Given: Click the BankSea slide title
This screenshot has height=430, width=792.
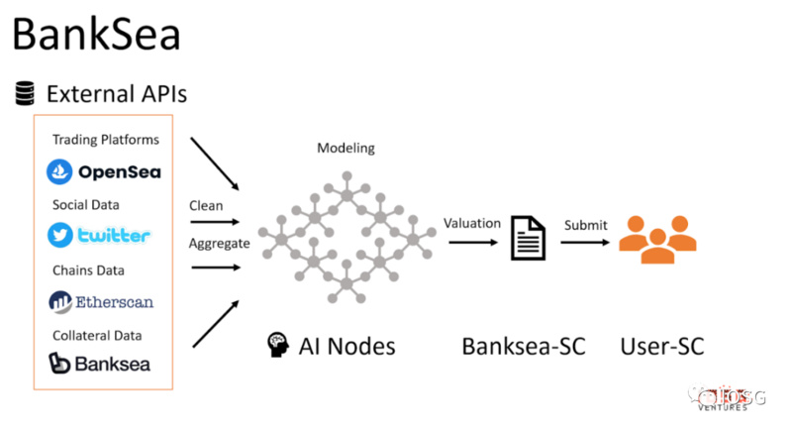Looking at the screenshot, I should point(96,35).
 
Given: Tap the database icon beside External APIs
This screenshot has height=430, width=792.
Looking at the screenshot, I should point(25,94).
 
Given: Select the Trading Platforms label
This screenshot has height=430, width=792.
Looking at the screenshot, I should point(106,140).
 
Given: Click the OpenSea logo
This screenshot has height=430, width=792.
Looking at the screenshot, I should point(104,172).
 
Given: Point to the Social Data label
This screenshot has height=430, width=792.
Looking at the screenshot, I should point(85,204).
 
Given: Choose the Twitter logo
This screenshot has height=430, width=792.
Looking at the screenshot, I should point(99,236).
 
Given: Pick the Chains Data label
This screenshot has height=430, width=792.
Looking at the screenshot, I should point(88,269).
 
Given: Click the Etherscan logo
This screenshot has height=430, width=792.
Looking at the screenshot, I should point(101,301).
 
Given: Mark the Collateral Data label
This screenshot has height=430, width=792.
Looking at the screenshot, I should point(97,335).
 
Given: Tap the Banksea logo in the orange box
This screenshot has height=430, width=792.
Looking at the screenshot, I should point(99,364).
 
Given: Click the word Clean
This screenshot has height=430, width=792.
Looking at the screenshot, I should point(206,206).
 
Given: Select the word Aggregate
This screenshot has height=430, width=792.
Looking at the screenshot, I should point(220,243).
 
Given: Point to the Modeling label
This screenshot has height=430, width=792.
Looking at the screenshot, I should point(346,149).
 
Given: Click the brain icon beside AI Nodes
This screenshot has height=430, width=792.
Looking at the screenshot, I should point(277,346).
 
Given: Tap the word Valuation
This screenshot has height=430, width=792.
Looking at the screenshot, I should point(472,223).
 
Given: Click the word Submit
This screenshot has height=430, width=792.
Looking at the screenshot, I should point(586,225).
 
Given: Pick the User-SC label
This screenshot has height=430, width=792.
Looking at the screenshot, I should point(662,346).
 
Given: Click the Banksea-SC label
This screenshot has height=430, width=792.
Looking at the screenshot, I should point(524,346).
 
